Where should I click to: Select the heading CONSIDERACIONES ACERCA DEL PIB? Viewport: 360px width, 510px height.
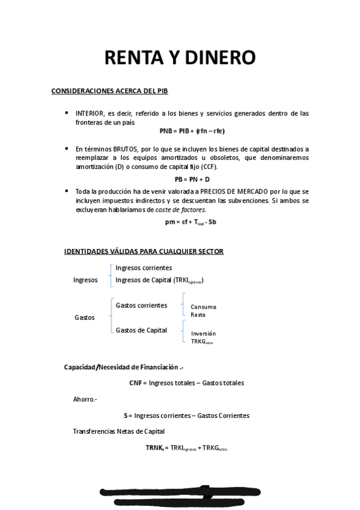110,91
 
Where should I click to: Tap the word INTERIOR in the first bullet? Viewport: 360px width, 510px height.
89,113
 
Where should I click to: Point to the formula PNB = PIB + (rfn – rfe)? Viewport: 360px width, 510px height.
192,131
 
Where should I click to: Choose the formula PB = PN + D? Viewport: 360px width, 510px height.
192,179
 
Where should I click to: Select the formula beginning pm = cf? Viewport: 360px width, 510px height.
191,222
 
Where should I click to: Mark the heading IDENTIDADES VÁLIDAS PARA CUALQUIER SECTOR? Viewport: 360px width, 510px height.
144,251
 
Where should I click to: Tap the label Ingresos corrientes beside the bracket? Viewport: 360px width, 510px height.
144,268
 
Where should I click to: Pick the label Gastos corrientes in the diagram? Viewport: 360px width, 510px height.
141,306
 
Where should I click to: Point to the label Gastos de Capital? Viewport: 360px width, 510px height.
141,330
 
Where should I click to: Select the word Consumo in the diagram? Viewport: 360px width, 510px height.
203,307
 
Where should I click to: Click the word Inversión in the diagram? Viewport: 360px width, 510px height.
203,333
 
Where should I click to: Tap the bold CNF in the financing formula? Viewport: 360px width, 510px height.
135,382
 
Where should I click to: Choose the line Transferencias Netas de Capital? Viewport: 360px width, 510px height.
118,431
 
